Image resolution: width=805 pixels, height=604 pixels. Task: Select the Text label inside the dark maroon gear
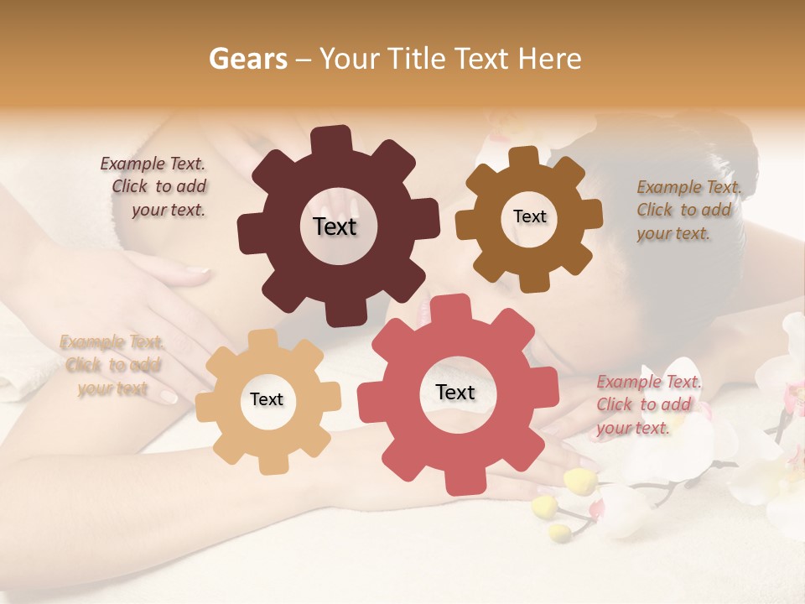[335, 226]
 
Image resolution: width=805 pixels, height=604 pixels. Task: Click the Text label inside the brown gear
[529, 216]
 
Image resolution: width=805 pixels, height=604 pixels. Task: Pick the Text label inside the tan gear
[267, 399]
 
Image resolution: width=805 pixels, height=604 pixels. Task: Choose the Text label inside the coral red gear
[455, 392]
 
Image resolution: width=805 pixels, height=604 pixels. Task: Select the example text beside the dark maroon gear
[154, 187]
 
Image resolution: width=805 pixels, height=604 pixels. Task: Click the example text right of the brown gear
[688, 210]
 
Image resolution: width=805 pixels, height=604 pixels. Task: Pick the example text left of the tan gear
[111, 365]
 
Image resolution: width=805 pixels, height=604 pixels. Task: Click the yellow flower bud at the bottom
[579, 482]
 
